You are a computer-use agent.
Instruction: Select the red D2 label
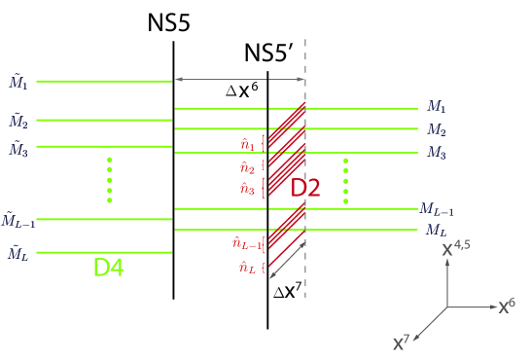[305, 188]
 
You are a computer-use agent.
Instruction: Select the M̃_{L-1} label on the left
[20, 221]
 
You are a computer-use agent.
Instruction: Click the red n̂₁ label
[247, 145]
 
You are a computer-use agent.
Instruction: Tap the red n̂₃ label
[247, 189]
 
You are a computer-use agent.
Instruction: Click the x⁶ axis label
[507, 306]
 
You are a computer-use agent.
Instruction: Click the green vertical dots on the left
[110, 180]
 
